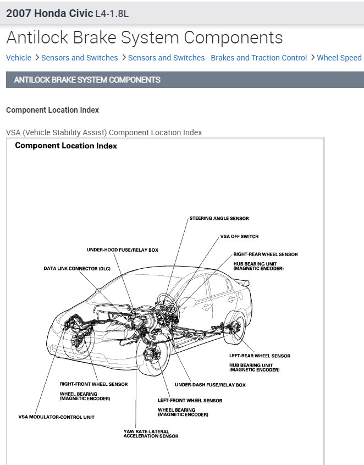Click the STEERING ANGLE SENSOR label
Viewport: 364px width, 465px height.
[219, 218]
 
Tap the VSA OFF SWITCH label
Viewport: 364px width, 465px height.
[239, 236]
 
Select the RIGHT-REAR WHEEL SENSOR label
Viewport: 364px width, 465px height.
[266, 254]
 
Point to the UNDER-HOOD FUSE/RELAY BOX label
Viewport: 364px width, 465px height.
[122, 250]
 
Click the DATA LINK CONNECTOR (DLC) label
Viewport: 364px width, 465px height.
[78, 269]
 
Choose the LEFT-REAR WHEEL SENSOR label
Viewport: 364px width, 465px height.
[260, 356]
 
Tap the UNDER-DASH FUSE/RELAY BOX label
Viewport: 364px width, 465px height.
[210, 385]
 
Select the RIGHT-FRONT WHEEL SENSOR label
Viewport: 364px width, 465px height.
[93, 384]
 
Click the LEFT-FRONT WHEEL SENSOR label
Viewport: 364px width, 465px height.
[190, 401]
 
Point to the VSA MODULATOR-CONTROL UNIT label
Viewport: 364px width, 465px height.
[56, 417]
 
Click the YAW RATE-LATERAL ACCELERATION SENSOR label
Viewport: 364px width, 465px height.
[151, 434]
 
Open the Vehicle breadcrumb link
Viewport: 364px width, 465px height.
[19, 58]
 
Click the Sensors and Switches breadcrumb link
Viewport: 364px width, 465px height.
[79, 58]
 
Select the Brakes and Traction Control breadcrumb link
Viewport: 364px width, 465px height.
[217, 58]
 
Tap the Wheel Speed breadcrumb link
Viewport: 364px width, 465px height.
[339, 58]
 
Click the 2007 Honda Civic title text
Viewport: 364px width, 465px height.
[49, 13]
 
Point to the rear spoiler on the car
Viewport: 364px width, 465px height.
[242, 283]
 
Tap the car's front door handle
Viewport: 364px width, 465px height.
[207, 306]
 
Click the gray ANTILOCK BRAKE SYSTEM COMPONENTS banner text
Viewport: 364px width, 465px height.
[87, 80]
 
